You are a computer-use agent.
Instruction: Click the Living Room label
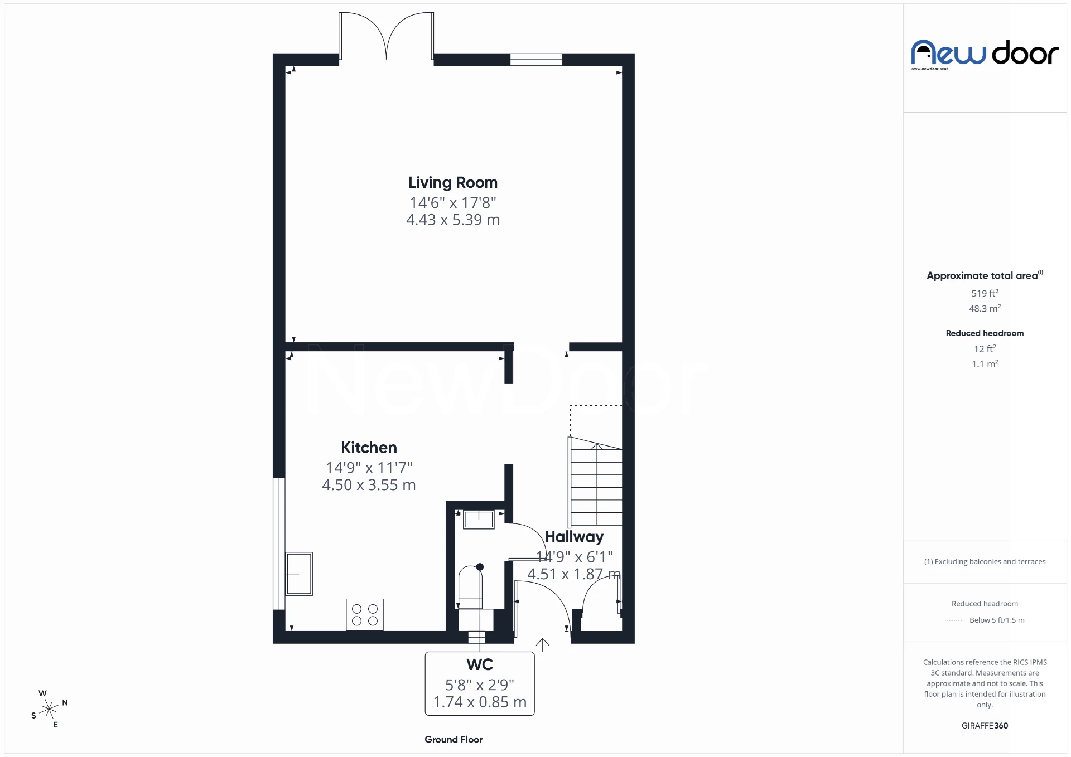point(452,183)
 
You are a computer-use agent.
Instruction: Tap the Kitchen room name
point(369,448)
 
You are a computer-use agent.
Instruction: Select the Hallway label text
point(574,537)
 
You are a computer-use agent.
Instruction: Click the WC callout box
point(480,683)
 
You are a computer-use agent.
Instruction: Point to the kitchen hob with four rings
point(365,615)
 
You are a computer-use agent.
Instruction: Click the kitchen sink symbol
point(299,574)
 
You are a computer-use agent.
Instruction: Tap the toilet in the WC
point(470,589)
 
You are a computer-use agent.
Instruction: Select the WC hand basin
point(479,520)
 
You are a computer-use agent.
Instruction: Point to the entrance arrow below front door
point(543,644)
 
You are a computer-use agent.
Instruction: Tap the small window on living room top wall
point(536,60)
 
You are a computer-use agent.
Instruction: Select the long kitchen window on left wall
point(278,544)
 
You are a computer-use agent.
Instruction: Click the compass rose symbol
point(50,709)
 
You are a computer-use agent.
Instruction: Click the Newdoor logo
point(985,54)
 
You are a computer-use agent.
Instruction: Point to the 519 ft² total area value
point(985,293)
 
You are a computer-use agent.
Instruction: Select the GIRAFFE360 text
point(985,726)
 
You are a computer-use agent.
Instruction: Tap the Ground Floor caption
point(454,740)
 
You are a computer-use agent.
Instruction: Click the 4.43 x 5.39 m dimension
point(452,220)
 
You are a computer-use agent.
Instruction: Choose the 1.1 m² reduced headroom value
point(985,364)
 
